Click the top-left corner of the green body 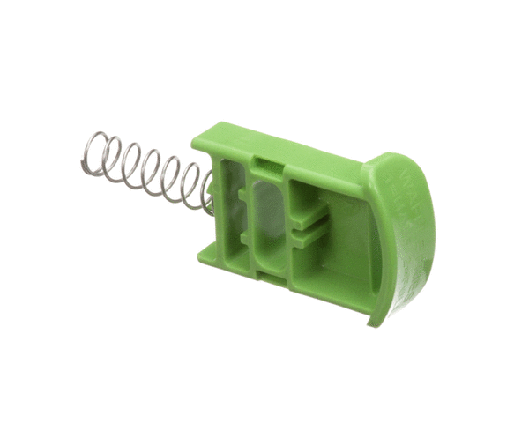tap(196, 141)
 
